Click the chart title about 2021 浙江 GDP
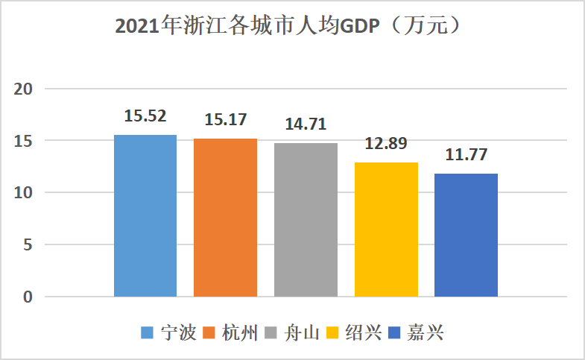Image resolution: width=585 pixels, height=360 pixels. click(x=292, y=27)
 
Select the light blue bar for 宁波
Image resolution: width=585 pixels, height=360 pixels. click(x=145, y=216)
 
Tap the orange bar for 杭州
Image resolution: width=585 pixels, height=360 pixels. click(x=225, y=218)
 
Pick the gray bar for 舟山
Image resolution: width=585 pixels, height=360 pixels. click(x=306, y=220)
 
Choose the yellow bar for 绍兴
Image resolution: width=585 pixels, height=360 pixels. click(x=386, y=230)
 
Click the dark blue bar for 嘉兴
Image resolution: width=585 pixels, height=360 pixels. click(x=466, y=236)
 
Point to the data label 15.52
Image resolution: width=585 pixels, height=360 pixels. click(x=145, y=116)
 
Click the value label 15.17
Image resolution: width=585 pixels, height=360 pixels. click(x=226, y=119)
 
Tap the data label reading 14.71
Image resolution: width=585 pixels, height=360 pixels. click(x=306, y=124)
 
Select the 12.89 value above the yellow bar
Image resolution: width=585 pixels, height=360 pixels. click(x=386, y=143)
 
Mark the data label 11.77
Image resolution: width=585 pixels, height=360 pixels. click(x=466, y=155)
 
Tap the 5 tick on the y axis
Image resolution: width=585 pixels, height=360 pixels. click(x=28, y=245)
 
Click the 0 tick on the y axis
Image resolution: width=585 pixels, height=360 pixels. click(x=28, y=297)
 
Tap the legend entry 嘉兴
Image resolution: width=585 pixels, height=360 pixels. click(x=425, y=332)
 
